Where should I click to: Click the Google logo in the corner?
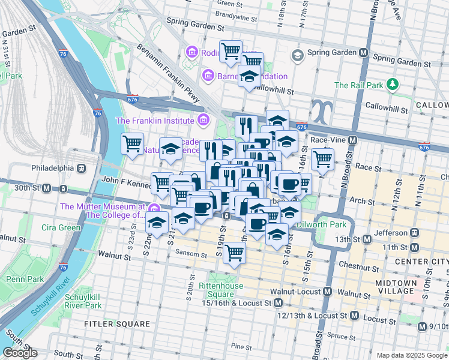20,352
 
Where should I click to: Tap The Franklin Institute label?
156,120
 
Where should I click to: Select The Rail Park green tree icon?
393,85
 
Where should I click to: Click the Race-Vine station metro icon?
352,140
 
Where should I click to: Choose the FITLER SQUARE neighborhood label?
119,324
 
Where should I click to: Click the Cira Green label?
61,227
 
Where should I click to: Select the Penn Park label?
25,279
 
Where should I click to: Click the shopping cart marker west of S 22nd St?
132,144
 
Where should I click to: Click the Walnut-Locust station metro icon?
327,292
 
